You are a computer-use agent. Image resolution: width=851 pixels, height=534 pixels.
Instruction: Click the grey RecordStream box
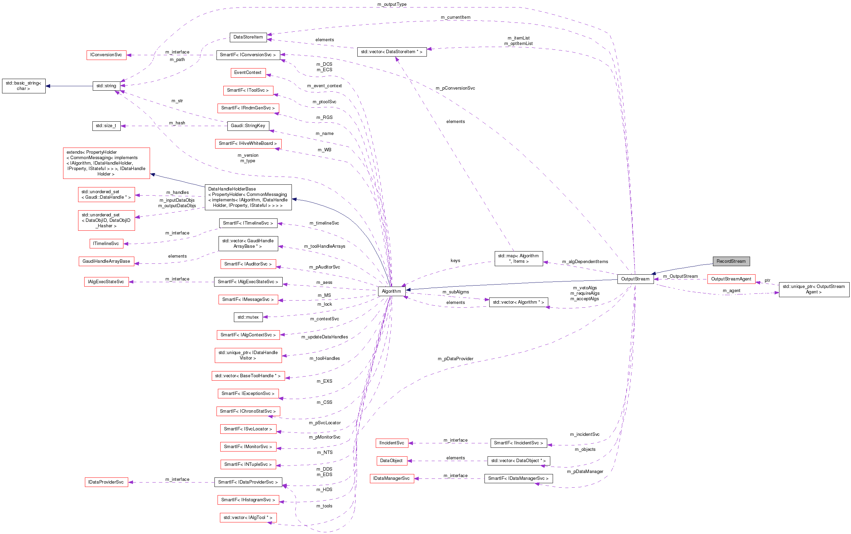tap(731, 261)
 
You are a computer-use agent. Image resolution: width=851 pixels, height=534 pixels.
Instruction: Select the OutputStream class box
tap(635, 279)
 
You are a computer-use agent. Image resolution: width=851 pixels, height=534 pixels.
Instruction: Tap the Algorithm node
tap(391, 291)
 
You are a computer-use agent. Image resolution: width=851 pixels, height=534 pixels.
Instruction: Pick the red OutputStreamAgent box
tap(731, 279)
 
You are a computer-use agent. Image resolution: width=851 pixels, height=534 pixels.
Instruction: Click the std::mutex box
tap(248, 317)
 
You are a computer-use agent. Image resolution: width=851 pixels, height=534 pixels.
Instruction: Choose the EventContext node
tap(248, 73)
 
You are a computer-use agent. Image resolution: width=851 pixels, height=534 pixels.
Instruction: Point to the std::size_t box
tap(106, 126)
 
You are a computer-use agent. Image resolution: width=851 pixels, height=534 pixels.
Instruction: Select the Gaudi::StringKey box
tap(248, 126)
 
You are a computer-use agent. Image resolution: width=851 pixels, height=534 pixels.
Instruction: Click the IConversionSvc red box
tap(106, 55)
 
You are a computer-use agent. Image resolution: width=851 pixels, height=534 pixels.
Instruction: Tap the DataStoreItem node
tap(248, 37)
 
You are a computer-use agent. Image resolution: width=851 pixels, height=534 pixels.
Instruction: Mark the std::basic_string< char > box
tap(24, 86)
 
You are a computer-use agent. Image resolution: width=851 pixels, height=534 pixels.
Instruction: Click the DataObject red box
tap(391, 461)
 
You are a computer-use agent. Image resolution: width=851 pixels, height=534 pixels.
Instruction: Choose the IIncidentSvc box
tap(391, 443)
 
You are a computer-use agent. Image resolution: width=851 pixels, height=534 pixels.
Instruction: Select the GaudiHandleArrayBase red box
tap(106, 261)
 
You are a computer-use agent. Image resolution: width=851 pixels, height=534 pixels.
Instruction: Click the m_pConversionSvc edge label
tap(455, 88)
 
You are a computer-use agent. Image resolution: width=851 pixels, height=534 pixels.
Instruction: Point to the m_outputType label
tap(392, 4)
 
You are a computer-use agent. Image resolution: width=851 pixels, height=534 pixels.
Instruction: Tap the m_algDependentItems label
tap(585, 262)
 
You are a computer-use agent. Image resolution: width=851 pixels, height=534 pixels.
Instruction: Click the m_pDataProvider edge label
tap(456, 359)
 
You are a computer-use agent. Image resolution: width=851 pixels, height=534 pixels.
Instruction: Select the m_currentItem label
tap(456, 17)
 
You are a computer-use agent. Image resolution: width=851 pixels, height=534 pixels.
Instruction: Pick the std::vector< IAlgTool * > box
tap(248, 518)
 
